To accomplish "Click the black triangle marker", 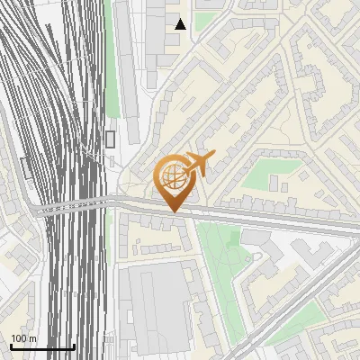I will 180,24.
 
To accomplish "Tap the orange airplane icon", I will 200,165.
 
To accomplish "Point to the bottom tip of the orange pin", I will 173,211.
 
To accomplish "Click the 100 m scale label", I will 24,338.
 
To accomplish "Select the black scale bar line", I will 42,347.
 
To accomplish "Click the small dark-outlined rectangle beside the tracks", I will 111,139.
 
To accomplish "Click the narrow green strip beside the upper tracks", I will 112,54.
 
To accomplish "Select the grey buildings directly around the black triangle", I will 166,31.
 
